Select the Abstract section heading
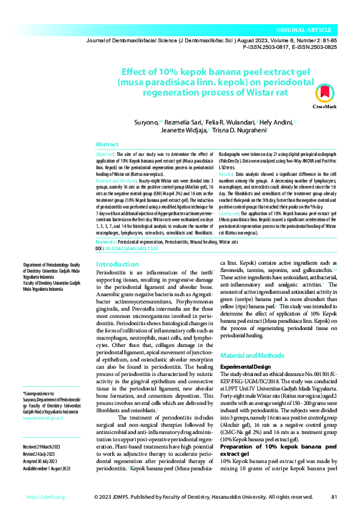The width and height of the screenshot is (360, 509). pos(107,145)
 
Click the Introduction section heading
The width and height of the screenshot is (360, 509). pos(117,264)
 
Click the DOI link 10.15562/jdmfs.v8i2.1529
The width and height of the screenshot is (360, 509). pos(132,248)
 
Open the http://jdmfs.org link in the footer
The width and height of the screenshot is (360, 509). pos(45,498)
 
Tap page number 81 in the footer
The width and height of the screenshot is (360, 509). pos(334,498)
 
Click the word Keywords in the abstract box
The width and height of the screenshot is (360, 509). pos(106,241)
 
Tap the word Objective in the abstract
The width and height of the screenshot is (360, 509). pos(106,155)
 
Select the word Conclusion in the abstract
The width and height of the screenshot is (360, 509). pos(229,214)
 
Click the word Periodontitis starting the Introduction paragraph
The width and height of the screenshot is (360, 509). pos(114,273)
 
